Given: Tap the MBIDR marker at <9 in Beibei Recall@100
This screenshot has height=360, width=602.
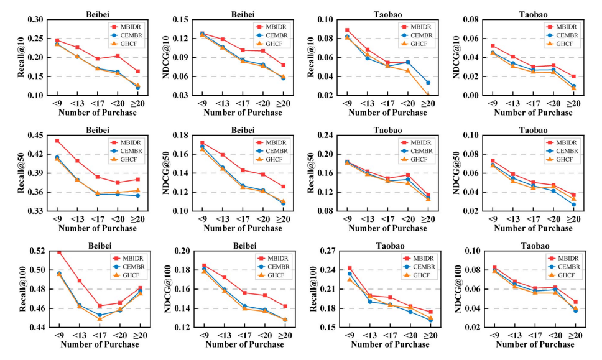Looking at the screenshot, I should pyautogui.click(x=57, y=251).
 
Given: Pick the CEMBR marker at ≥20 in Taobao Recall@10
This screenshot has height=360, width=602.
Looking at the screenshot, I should pyautogui.click(x=428, y=83).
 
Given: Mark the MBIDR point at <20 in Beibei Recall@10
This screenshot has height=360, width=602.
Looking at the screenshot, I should pyautogui.click(x=118, y=56).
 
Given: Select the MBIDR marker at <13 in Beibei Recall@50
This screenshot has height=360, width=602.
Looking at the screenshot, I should pyautogui.click(x=78, y=161).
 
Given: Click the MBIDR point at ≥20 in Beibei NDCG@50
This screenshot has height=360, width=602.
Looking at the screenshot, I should pyautogui.click(x=284, y=187).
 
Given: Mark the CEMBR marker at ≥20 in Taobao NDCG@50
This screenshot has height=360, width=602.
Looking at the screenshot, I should pyautogui.click(x=573, y=205).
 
